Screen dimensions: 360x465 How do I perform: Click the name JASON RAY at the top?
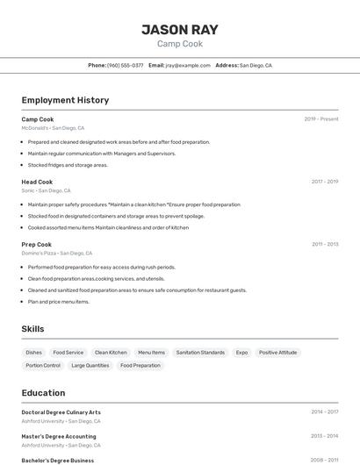[180, 29]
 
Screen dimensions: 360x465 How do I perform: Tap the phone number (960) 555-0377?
[125, 65]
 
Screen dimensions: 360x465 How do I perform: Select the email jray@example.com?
[185, 65]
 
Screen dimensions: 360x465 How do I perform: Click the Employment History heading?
[65, 100]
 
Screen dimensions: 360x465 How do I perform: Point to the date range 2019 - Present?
[321, 118]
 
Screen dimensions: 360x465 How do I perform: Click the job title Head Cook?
[37, 182]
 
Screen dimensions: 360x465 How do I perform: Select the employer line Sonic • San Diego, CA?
[46, 190]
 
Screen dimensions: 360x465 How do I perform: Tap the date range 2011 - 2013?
[325, 244]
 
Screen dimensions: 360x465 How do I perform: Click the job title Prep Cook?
[37, 244]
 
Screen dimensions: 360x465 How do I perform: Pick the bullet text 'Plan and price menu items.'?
[58, 302]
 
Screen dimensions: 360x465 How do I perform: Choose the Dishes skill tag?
[34, 352]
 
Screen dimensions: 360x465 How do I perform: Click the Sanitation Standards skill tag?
[200, 352]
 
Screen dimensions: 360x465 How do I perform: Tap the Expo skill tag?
[241, 352]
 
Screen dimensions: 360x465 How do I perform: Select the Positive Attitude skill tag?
[277, 352]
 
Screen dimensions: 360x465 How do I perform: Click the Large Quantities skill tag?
[90, 365]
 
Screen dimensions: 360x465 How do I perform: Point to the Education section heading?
[43, 392]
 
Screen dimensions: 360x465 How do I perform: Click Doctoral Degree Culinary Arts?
[61, 411]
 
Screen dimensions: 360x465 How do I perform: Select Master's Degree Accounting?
[59, 435]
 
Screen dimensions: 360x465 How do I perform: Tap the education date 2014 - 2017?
[325, 411]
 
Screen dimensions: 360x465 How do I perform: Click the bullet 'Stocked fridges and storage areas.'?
[68, 165]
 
